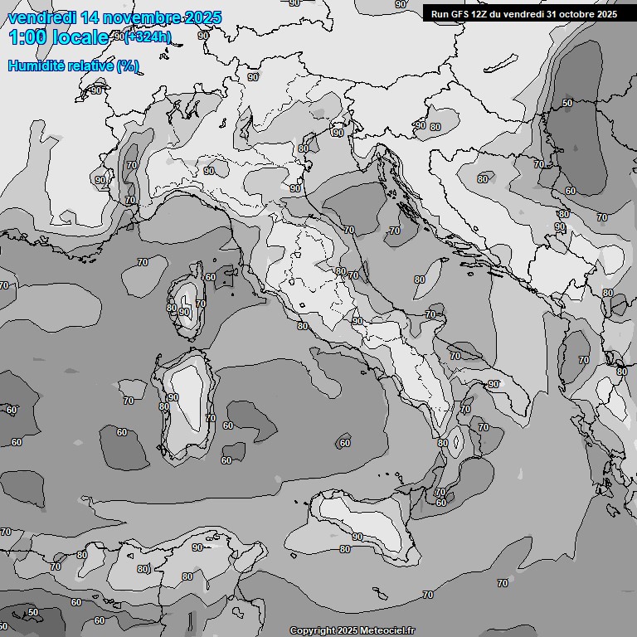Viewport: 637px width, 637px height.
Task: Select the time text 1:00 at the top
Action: [x=27, y=37]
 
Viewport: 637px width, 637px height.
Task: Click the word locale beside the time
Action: [x=80, y=37]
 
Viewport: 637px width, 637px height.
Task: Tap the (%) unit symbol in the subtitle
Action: [x=127, y=66]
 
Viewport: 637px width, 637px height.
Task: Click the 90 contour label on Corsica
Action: [x=184, y=312]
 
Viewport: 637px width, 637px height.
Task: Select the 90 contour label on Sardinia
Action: [x=173, y=398]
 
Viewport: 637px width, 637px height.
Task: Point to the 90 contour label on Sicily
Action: [x=357, y=537]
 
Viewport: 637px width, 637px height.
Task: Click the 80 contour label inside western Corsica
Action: [x=171, y=308]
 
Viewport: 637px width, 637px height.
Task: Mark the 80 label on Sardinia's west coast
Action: [x=163, y=407]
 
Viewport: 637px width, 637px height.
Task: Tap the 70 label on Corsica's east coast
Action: [x=200, y=304]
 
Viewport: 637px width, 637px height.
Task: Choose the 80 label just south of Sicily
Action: [x=345, y=549]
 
